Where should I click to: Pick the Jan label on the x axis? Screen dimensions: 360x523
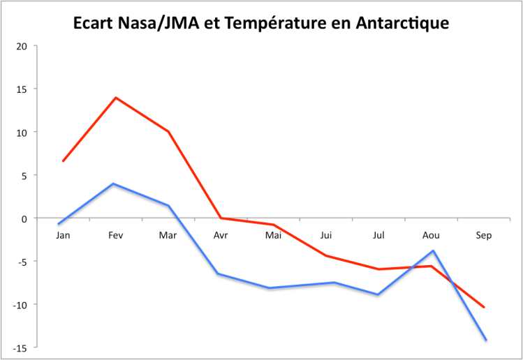pyautogui.click(x=63, y=235)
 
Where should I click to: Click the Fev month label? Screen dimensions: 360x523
pyautogui.click(x=115, y=235)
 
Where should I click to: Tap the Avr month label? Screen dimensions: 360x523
pyautogui.click(x=221, y=235)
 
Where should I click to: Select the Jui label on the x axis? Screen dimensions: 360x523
pyautogui.click(x=326, y=235)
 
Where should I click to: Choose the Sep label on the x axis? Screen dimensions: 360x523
pyautogui.click(x=484, y=235)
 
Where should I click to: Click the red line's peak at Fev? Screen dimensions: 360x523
pyautogui.click(x=115, y=98)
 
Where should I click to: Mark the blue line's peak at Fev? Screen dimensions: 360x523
pyautogui.click(x=113, y=184)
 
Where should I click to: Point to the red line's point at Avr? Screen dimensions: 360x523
pyautogui.click(x=221, y=218)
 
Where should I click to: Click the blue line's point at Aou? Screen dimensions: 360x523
pyautogui.click(x=433, y=250)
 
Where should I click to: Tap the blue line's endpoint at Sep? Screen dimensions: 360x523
pyautogui.click(x=485, y=340)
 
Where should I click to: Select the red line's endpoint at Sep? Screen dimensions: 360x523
pyautogui.click(x=484, y=307)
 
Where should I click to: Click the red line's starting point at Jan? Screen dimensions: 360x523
pyautogui.click(x=63, y=161)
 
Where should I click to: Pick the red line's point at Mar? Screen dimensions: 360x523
pyautogui.click(x=168, y=131)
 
